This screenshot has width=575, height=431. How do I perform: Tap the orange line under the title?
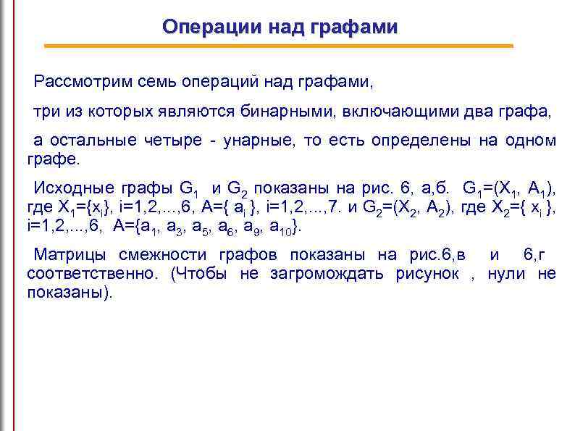tap(279, 46)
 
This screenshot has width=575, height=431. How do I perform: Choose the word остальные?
tap(105, 141)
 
